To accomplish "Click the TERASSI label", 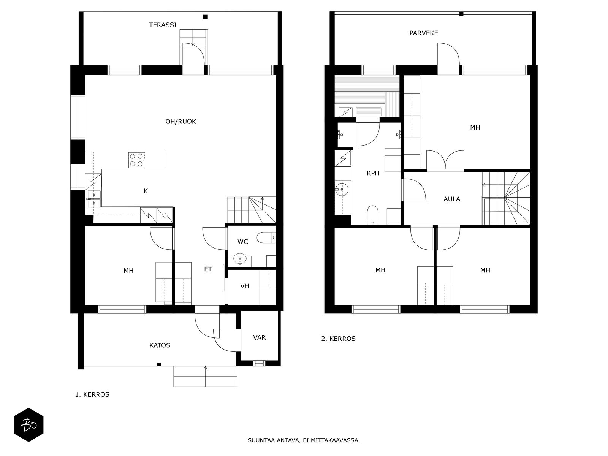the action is pos(163,25).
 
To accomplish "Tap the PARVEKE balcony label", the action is pos(424,33).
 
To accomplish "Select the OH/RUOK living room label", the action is pos(180,121).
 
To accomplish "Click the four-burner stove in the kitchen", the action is pos(136,160).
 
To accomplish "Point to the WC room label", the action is pos(243,242).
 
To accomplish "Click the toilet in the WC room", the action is pos(266,237).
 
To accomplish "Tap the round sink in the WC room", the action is pos(240,259).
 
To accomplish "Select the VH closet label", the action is pos(245,286).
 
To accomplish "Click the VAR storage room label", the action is pos(259,337).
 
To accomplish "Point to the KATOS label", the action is pos(160,345).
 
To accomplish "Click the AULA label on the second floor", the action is pos(452,199).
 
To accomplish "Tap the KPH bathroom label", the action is pos(373,173).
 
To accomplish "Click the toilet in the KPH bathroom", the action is pos(372,215).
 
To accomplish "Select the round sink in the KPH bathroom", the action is pos(342,189).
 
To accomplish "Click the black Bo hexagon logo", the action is pos(28,425).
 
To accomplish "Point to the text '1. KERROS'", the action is pos(92,394).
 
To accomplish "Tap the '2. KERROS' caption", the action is pos(338,338).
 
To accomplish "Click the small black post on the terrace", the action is pos(205,17).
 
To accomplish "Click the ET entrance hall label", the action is pos(208,269).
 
